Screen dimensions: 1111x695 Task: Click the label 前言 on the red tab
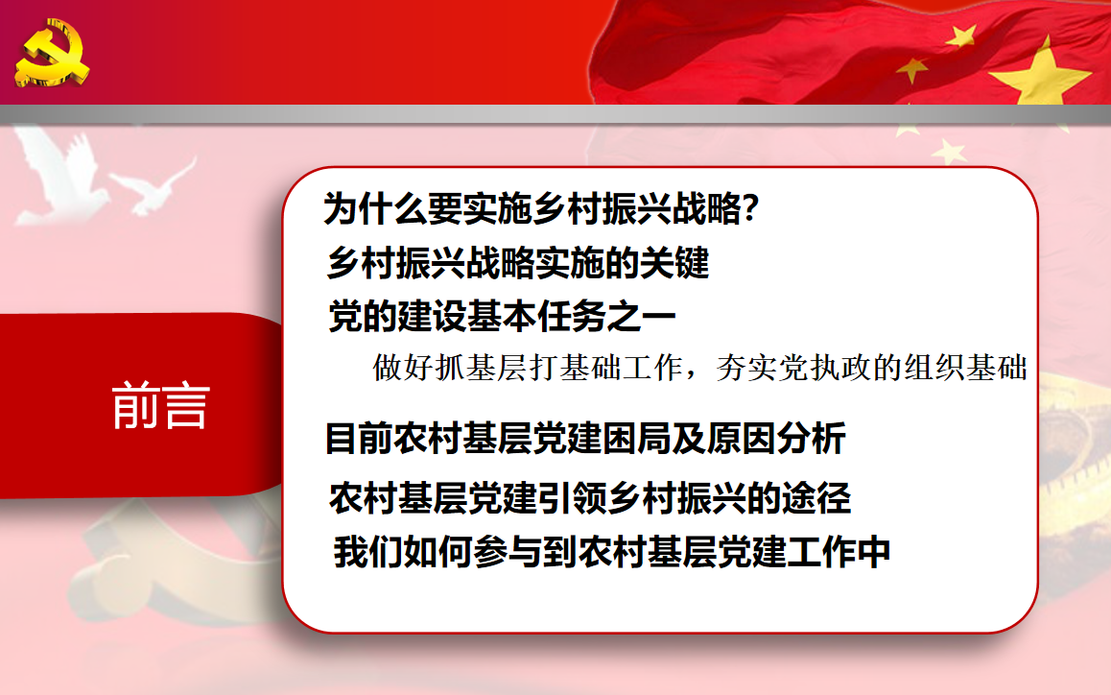[x=161, y=406]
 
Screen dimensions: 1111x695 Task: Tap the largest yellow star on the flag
[x=1039, y=72]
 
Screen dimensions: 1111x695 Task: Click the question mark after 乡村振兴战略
[x=750, y=208]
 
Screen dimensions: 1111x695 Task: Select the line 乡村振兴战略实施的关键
[x=518, y=263]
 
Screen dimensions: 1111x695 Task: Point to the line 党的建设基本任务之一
[x=502, y=316]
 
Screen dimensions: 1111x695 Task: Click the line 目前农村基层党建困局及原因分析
[x=585, y=438]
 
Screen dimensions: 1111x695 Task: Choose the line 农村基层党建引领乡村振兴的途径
[x=589, y=498]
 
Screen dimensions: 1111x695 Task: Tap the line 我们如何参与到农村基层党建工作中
[x=611, y=552]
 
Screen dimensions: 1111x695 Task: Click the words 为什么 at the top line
[x=375, y=208]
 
